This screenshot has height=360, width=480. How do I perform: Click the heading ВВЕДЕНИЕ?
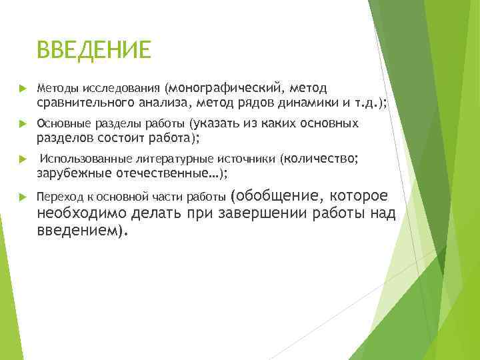(x=95, y=50)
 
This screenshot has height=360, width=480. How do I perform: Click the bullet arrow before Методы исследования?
(x=22, y=88)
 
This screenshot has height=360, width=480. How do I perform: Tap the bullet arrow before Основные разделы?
(x=22, y=124)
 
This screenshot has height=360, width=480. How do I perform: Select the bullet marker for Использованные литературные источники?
(x=22, y=160)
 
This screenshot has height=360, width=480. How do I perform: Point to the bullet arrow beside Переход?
(x=22, y=197)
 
